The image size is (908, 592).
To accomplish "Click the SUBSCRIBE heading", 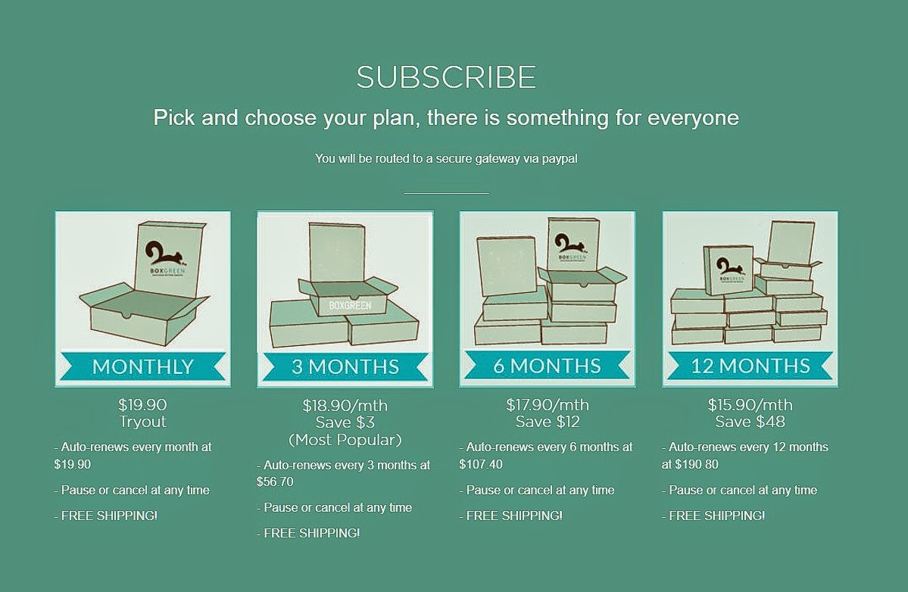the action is pyautogui.click(x=446, y=77).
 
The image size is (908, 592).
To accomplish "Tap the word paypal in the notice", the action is pyautogui.click(x=560, y=159).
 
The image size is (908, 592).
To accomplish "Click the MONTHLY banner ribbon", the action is pyautogui.click(x=142, y=366).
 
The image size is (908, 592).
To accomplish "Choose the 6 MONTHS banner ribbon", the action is pyautogui.click(x=548, y=366).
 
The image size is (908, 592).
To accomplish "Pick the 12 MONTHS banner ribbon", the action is pyautogui.click(x=750, y=366).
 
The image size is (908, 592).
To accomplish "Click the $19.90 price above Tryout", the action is pyautogui.click(x=142, y=404).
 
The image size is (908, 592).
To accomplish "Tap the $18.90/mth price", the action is pyautogui.click(x=345, y=405).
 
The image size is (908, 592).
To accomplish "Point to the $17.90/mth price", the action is pyautogui.click(x=548, y=404).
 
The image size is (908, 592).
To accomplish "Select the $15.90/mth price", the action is pyautogui.click(x=750, y=404).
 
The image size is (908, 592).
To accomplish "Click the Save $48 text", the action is pyautogui.click(x=750, y=421).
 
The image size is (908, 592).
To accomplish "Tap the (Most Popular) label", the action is pyautogui.click(x=345, y=440).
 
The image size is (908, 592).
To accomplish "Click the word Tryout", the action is pyautogui.click(x=142, y=422).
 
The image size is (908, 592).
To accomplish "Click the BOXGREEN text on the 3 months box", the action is pyautogui.click(x=350, y=305).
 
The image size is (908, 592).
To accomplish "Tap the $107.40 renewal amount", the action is pyautogui.click(x=481, y=464).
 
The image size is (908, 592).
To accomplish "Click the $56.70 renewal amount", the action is pyautogui.click(x=275, y=481).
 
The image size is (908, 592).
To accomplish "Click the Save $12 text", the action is pyautogui.click(x=548, y=421).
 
